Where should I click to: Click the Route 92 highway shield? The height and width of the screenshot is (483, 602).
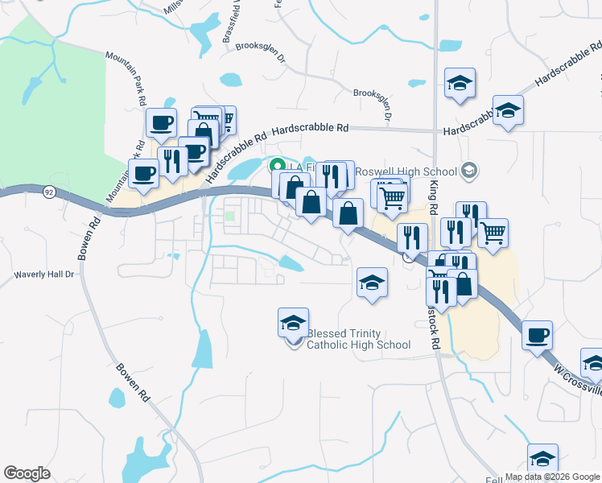pos(49,192)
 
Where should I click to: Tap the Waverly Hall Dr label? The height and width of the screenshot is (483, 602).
pos(44,275)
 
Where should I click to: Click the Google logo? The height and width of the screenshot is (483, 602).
pos(27,473)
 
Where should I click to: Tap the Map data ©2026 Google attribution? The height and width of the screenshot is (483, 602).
pos(552,476)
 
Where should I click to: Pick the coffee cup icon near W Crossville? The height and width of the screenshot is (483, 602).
pos(537,334)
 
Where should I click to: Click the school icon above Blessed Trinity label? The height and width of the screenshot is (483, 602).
pos(293,323)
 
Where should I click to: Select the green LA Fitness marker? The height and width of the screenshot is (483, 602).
pos(276,166)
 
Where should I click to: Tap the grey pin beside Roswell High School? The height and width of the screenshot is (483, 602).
pos(470,171)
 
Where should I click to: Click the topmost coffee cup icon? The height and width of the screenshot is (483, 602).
pos(162,122)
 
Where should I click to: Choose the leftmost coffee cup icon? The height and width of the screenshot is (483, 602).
pos(144,172)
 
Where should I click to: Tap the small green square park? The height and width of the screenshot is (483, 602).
pos(230,215)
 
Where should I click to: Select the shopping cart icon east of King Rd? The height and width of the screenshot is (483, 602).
pos(493,233)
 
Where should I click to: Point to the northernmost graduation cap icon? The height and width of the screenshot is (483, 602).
pos(460,82)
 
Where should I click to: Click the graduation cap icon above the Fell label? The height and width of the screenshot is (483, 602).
pos(543,458)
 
